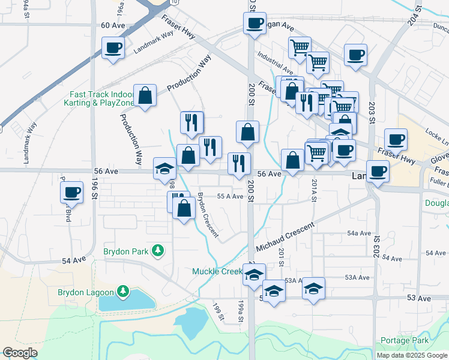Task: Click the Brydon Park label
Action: (124, 251)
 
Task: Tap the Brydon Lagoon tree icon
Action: (123, 292)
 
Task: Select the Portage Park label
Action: (408, 341)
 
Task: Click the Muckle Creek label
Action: (217, 272)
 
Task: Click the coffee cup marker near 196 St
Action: (71, 193)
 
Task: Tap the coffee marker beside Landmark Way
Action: (112, 48)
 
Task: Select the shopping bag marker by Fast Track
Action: (145, 95)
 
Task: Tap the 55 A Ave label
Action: (230, 196)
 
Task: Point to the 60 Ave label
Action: (112, 25)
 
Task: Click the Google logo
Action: (20, 352)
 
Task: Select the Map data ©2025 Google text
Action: (412, 355)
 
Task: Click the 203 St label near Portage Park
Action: (376, 245)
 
